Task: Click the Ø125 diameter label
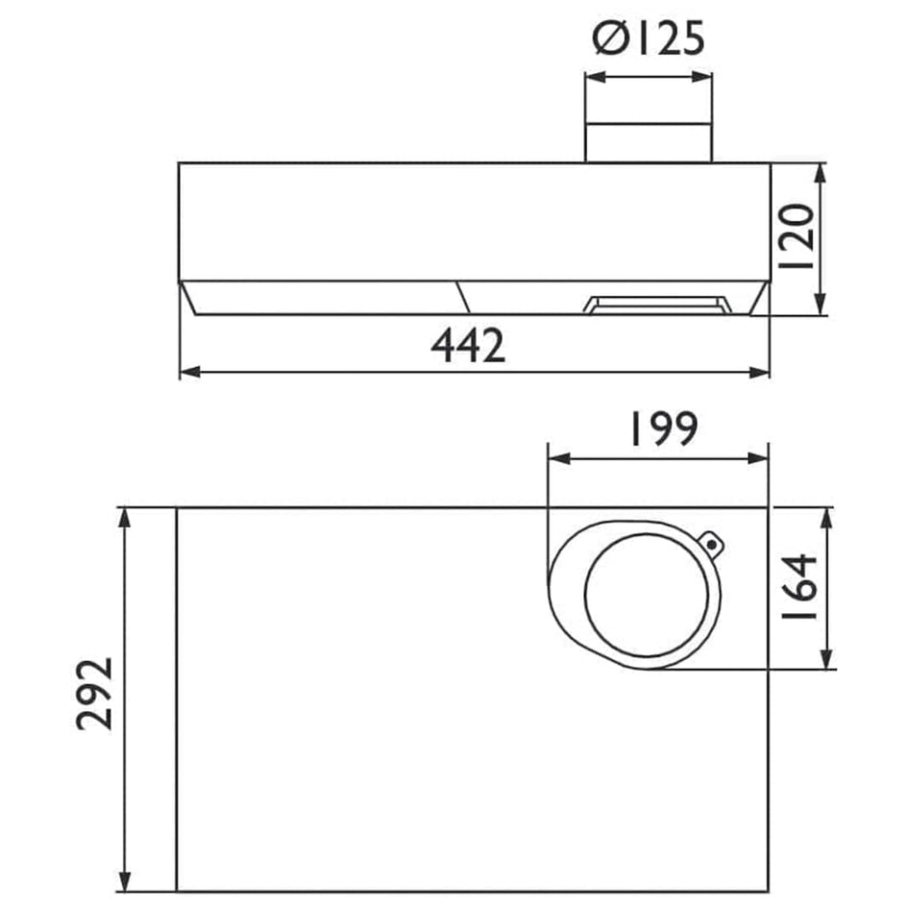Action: (x=649, y=39)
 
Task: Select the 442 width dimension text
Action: (x=468, y=345)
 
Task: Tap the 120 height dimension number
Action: (x=797, y=236)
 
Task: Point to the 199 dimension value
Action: (x=664, y=429)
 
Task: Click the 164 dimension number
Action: (x=798, y=587)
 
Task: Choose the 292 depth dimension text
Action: (x=94, y=694)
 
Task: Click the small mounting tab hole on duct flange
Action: (x=712, y=545)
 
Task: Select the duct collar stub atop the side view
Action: (x=649, y=143)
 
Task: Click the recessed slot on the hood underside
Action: (x=658, y=305)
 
